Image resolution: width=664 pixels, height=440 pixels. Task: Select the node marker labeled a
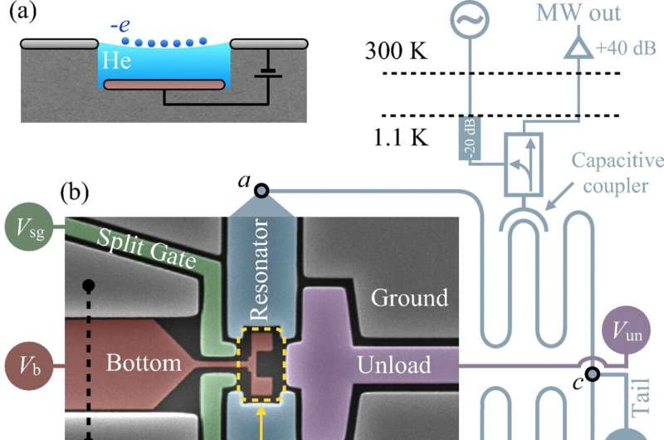(x=261, y=191)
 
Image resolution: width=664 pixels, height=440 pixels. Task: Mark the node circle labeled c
(x=591, y=374)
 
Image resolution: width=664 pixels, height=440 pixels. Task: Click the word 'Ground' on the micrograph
(x=409, y=297)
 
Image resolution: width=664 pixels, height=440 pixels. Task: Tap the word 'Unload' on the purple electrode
(x=394, y=364)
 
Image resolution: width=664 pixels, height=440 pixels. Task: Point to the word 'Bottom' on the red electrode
(x=144, y=363)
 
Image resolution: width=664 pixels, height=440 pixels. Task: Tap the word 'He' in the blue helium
(x=115, y=61)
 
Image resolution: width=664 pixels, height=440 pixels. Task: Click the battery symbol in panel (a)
(x=267, y=73)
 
